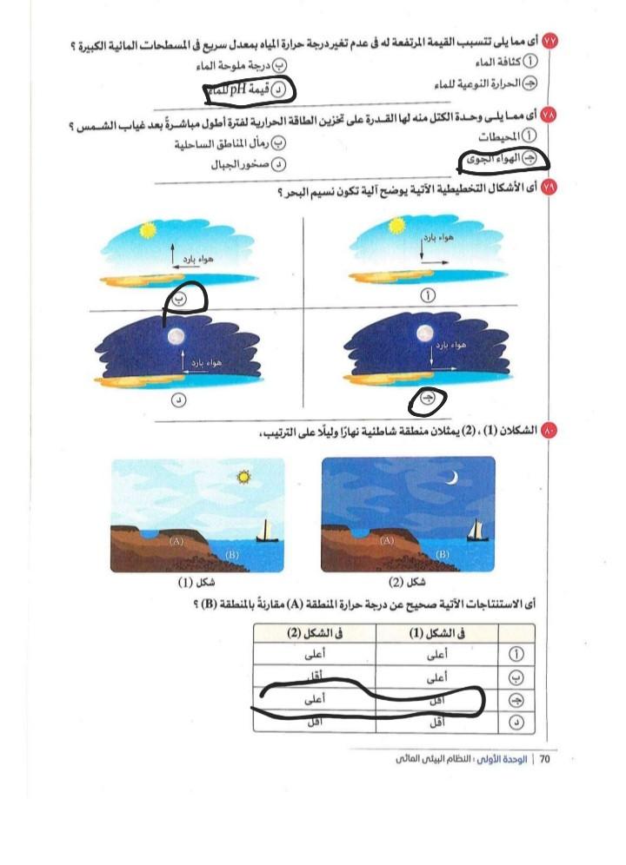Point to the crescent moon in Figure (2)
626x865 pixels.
(x=453, y=478)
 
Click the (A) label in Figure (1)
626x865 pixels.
(x=177, y=539)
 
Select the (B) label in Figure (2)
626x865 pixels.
(x=443, y=553)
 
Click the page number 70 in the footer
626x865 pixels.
(x=545, y=759)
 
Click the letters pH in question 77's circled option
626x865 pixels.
(x=236, y=89)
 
